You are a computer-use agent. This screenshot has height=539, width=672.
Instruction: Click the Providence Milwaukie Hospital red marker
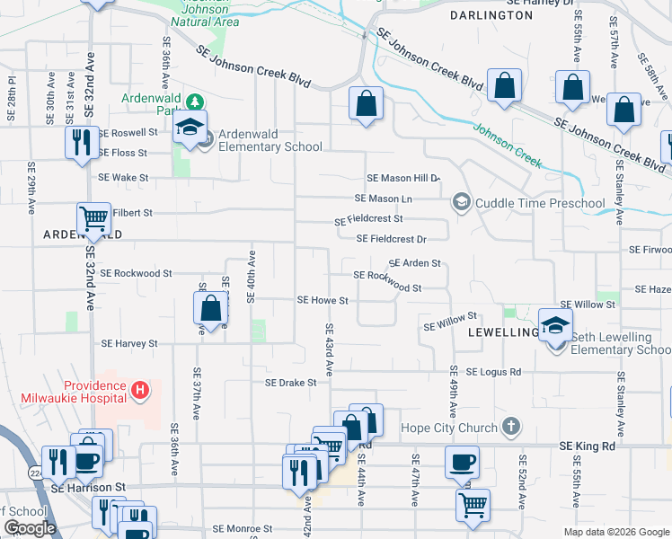(x=139, y=390)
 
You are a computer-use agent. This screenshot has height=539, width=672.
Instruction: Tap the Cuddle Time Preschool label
(x=540, y=203)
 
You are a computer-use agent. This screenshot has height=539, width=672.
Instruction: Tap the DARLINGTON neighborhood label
(x=491, y=15)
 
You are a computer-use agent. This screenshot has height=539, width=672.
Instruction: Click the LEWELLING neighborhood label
(x=502, y=331)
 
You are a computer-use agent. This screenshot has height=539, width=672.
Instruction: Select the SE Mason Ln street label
(x=384, y=198)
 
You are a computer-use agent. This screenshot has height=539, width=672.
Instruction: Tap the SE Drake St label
(x=291, y=382)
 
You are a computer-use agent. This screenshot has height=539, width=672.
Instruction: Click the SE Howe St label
(x=323, y=299)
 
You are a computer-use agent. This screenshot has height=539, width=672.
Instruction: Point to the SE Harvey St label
(x=129, y=343)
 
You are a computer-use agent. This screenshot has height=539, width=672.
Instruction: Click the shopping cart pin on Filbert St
(x=93, y=218)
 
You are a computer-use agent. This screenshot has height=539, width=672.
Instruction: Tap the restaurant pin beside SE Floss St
(x=82, y=142)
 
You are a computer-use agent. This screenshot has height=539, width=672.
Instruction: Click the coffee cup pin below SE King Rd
(x=463, y=464)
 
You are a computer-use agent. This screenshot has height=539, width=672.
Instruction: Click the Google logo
(x=30, y=528)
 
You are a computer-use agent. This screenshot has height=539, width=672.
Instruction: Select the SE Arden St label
(x=414, y=263)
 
